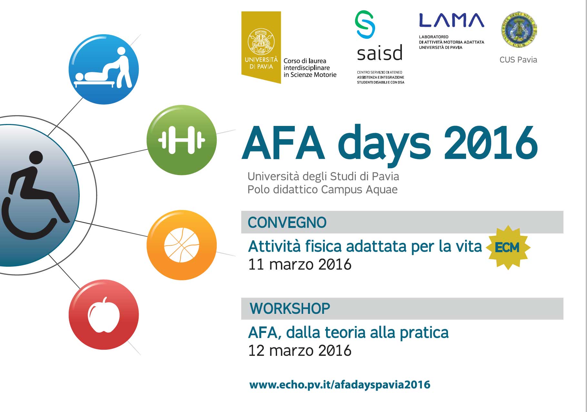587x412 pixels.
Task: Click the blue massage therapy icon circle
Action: coord(104,69)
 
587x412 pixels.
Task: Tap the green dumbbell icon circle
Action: coord(182,140)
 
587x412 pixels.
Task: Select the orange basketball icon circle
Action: coord(182,245)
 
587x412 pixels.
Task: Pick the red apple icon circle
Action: coord(104,314)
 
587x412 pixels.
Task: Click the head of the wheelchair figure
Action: coord(36,158)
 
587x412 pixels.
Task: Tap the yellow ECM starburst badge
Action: coord(508,247)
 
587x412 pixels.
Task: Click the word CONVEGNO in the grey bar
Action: coord(287,222)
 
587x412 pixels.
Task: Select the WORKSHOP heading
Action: coord(290,309)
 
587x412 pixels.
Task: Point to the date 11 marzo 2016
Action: coord(300,264)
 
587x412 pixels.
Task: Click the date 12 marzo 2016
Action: coord(300,351)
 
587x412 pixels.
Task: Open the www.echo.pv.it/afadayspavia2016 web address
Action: coord(340,385)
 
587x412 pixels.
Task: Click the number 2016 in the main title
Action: coord(491,143)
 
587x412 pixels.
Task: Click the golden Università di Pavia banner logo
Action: coord(261,47)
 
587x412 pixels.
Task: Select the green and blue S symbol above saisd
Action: coord(365,25)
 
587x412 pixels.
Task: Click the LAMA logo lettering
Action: coord(452,20)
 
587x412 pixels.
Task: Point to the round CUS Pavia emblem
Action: coord(519,30)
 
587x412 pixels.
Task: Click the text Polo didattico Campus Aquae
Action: coord(322,190)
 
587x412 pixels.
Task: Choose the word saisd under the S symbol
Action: coord(380,53)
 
